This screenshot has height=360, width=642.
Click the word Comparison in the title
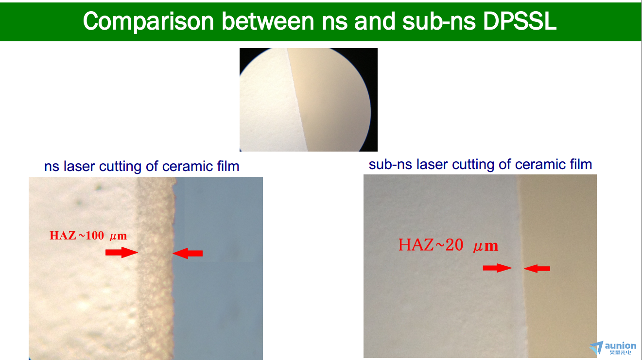click(x=148, y=21)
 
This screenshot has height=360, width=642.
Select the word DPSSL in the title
click(x=520, y=21)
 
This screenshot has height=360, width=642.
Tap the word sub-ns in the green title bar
click(x=439, y=21)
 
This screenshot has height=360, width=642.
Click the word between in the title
click(x=268, y=21)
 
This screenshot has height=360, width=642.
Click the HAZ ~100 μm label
click(x=88, y=236)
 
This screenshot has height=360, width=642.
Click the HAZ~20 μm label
click(x=448, y=245)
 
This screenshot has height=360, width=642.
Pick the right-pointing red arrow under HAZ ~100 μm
click(x=122, y=252)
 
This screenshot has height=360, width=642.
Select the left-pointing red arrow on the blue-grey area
click(x=188, y=253)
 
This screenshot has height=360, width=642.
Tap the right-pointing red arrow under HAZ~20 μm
click(x=497, y=268)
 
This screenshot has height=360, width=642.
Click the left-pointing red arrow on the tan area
click(x=537, y=268)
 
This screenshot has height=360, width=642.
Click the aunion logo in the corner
click(x=613, y=348)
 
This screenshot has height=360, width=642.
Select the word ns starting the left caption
click(x=52, y=167)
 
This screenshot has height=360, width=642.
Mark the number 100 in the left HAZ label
click(x=95, y=236)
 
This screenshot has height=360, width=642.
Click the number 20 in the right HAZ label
click(x=454, y=245)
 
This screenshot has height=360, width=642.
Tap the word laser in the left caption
click(x=79, y=166)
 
